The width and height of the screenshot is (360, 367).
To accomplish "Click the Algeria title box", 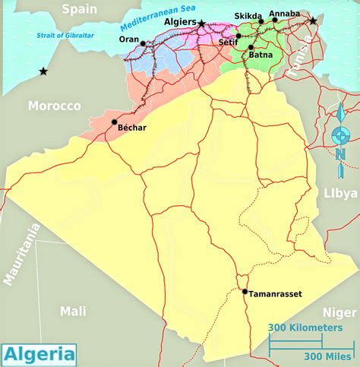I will (x=40, y=354).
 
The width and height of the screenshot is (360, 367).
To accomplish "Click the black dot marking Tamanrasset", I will (x=245, y=291).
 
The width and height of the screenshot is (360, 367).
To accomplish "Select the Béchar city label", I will (x=131, y=128).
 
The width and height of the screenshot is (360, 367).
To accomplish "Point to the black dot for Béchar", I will (x=114, y=122).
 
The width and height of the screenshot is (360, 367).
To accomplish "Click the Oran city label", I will (x=129, y=40).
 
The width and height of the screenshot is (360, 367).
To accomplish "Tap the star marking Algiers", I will (x=201, y=24).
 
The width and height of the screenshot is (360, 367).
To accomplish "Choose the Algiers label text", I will (x=179, y=23).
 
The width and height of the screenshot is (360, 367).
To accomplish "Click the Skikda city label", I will (x=248, y=16).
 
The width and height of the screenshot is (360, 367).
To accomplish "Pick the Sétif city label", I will (x=228, y=43).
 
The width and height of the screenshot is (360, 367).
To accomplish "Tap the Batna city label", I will (x=261, y=55).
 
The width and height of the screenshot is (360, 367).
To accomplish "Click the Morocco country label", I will (x=54, y=106).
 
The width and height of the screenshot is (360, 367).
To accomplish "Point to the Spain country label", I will (x=80, y=9).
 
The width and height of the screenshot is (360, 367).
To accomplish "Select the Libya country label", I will (x=339, y=193).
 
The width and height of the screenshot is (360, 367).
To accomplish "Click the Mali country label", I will (x=73, y=310).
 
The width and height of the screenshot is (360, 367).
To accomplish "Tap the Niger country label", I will (x=339, y=311).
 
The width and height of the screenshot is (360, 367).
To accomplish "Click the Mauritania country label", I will (x=21, y=255).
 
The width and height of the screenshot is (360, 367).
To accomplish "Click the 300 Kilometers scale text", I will (x=304, y=327).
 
